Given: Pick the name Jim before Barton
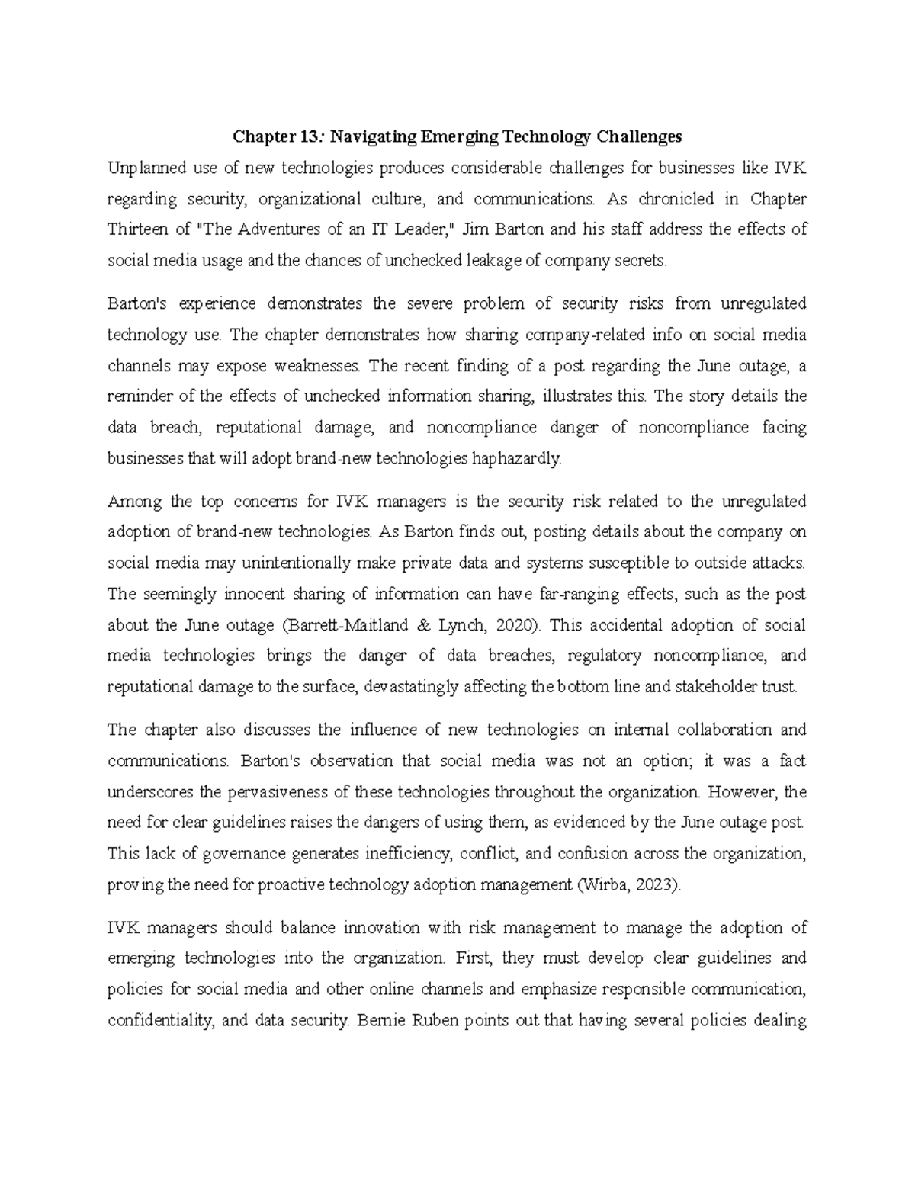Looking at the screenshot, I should click(476, 229).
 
